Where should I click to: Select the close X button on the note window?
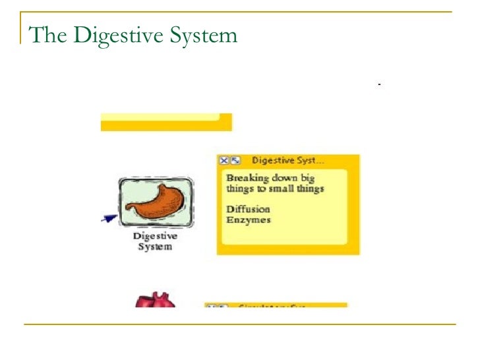coord(224,160)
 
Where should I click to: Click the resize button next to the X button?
coord(235,160)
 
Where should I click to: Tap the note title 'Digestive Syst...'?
coord(287,160)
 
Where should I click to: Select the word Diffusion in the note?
coord(248,209)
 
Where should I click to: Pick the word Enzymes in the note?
coord(248,220)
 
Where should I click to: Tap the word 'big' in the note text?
coord(307,178)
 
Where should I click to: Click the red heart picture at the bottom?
coord(154,301)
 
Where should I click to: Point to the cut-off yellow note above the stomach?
coord(165,122)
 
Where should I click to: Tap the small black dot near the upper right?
coord(380,85)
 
